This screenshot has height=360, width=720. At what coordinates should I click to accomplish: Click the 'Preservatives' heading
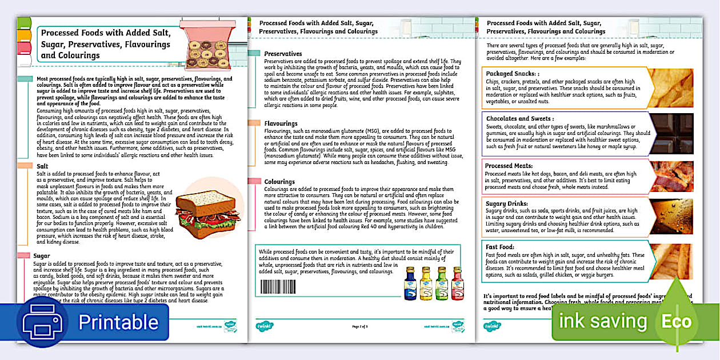pyautogui.click(x=283, y=54)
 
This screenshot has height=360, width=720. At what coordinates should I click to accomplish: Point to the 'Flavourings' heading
pyautogui.click(x=281, y=123)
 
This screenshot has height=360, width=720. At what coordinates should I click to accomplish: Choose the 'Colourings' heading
pyautogui.click(x=279, y=182)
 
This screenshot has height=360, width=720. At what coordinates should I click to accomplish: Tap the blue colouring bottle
pyautogui.click(x=410, y=284)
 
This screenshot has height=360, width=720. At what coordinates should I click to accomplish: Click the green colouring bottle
pyautogui.click(x=441, y=284)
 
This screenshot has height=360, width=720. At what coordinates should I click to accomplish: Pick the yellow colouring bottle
pyautogui.click(x=426, y=284)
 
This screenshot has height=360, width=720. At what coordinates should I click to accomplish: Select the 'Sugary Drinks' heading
pyautogui.click(x=507, y=203)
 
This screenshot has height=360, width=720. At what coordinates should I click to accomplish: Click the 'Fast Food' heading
pyautogui.click(x=501, y=247)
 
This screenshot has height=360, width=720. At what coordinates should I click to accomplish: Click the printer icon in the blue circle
pyautogui.click(x=42, y=322)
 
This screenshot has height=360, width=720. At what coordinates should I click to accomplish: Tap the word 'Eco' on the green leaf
pyautogui.click(x=677, y=321)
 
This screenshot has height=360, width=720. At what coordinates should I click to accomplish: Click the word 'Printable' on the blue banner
pyautogui.click(x=118, y=322)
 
